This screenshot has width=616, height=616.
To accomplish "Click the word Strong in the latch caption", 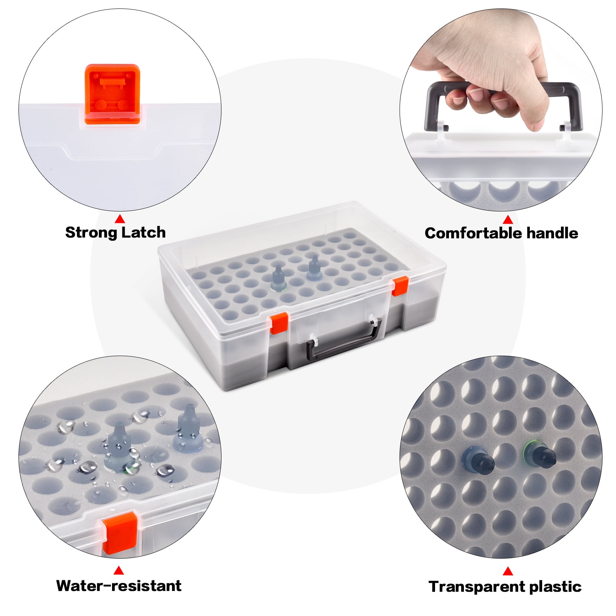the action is point(91,233).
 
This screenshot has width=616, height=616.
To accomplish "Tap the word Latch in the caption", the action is point(143,232).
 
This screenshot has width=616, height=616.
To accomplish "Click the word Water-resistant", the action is point(119,586).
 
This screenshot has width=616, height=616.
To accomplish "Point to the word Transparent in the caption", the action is point(477,587).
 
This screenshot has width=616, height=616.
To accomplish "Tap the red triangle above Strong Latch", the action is point(120,219).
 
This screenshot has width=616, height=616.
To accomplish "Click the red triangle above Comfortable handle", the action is point(508,219).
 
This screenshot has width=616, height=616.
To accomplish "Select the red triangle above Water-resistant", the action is point(119,570).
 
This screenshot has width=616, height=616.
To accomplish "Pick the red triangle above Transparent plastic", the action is point(508,571).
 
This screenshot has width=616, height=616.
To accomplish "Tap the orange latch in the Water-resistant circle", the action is point(120,534).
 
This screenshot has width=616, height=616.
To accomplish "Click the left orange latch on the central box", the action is point(279,323).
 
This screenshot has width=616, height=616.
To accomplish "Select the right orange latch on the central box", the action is point(400,286).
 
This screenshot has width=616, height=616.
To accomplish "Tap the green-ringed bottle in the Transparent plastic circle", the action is point(540,455).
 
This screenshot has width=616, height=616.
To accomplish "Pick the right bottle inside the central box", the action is point(314,268).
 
